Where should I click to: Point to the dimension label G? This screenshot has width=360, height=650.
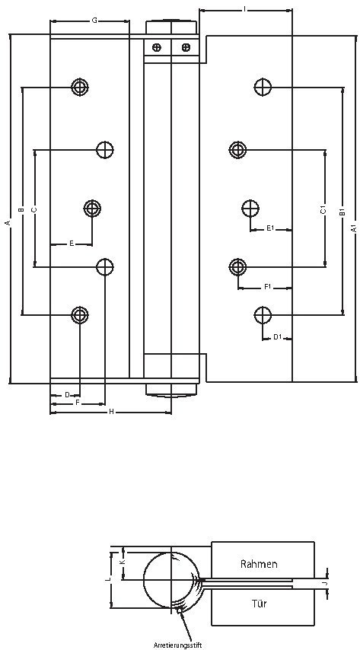click(94, 21)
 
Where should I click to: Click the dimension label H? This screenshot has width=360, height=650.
click(111, 412)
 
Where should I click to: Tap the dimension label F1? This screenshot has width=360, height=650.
click(267, 287)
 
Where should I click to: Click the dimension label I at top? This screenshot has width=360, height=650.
click(244, 9)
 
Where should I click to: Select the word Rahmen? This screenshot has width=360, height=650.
click(258, 564)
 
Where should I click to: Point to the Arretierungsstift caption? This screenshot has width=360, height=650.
click(177, 644)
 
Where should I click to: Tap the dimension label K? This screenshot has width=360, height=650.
click(123, 562)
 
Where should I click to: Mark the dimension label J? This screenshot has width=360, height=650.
click(325, 585)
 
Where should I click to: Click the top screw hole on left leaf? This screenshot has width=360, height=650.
click(80, 87)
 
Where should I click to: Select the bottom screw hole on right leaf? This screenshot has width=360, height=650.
click(263, 314)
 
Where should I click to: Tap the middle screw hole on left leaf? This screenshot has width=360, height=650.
click(93, 208)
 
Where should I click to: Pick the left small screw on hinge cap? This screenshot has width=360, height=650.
click(157, 47)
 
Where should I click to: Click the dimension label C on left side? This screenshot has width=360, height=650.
click(34, 209)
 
